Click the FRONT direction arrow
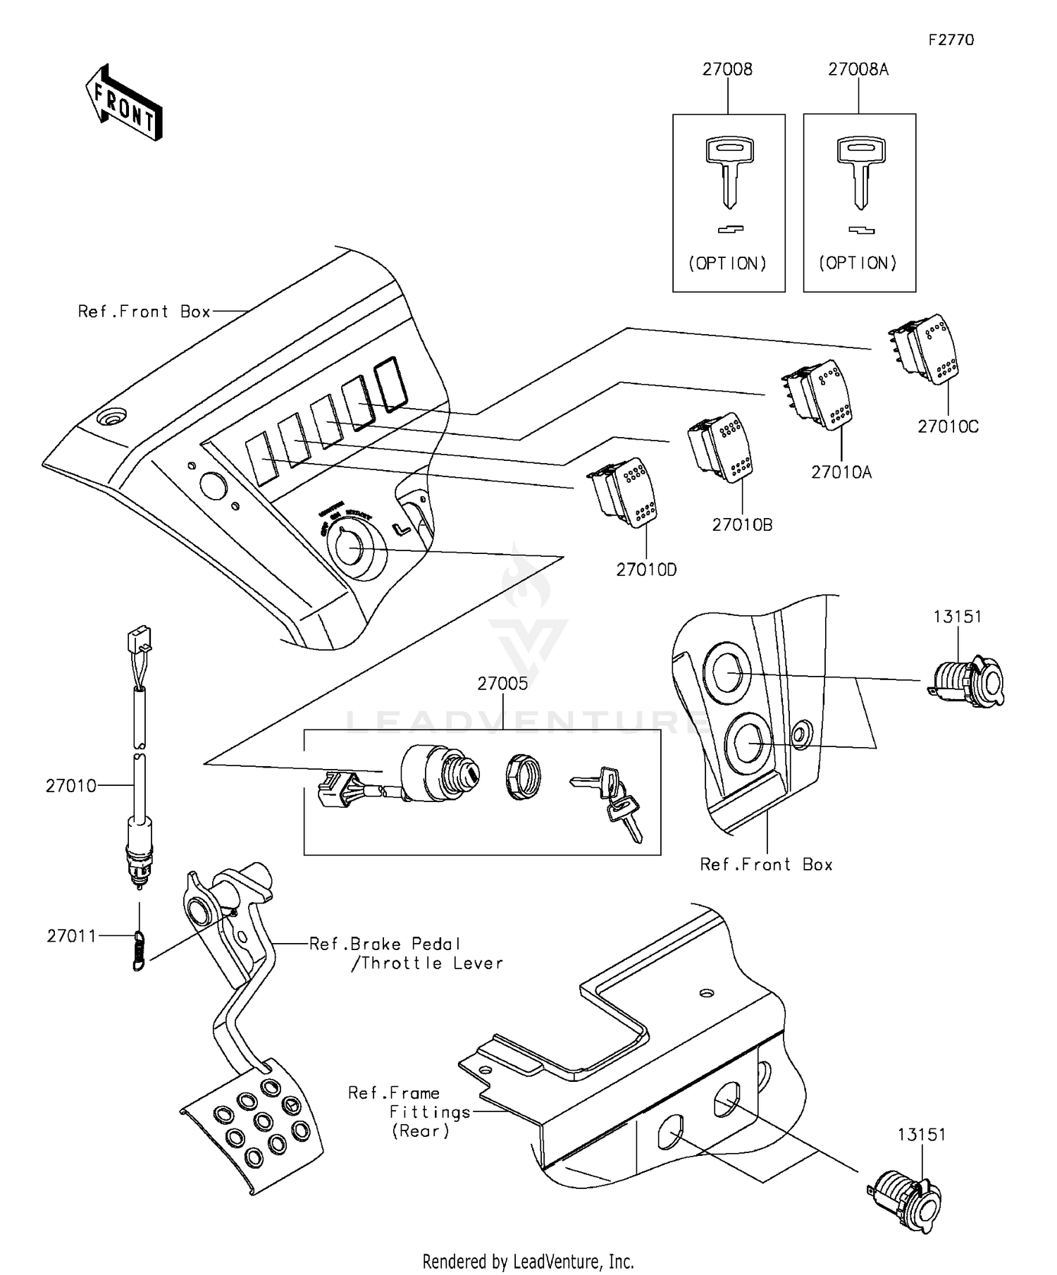pyautogui.click(x=124, y=104)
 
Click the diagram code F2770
pyautogui.click(x=951, y=40)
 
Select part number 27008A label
pyautogui.click(x=858, y=69)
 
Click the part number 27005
pyautogui.click(x=502, y=683)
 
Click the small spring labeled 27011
pyautogui.click(x=140, y=950)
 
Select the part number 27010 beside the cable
pyautogui.click(x=70, y=786)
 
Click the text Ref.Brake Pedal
pyautogui.click(x=384, y=944)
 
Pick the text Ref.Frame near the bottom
pyautogui.click(x=393, y=1093)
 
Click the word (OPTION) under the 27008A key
pyautogui.click(x=858, y=263)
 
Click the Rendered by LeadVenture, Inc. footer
pyautogui.click(x=528, y=1261)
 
